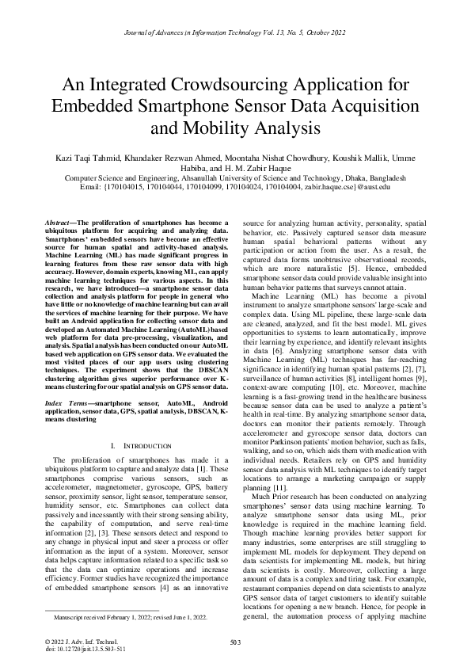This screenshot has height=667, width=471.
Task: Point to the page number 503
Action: (x=235, y=642)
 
